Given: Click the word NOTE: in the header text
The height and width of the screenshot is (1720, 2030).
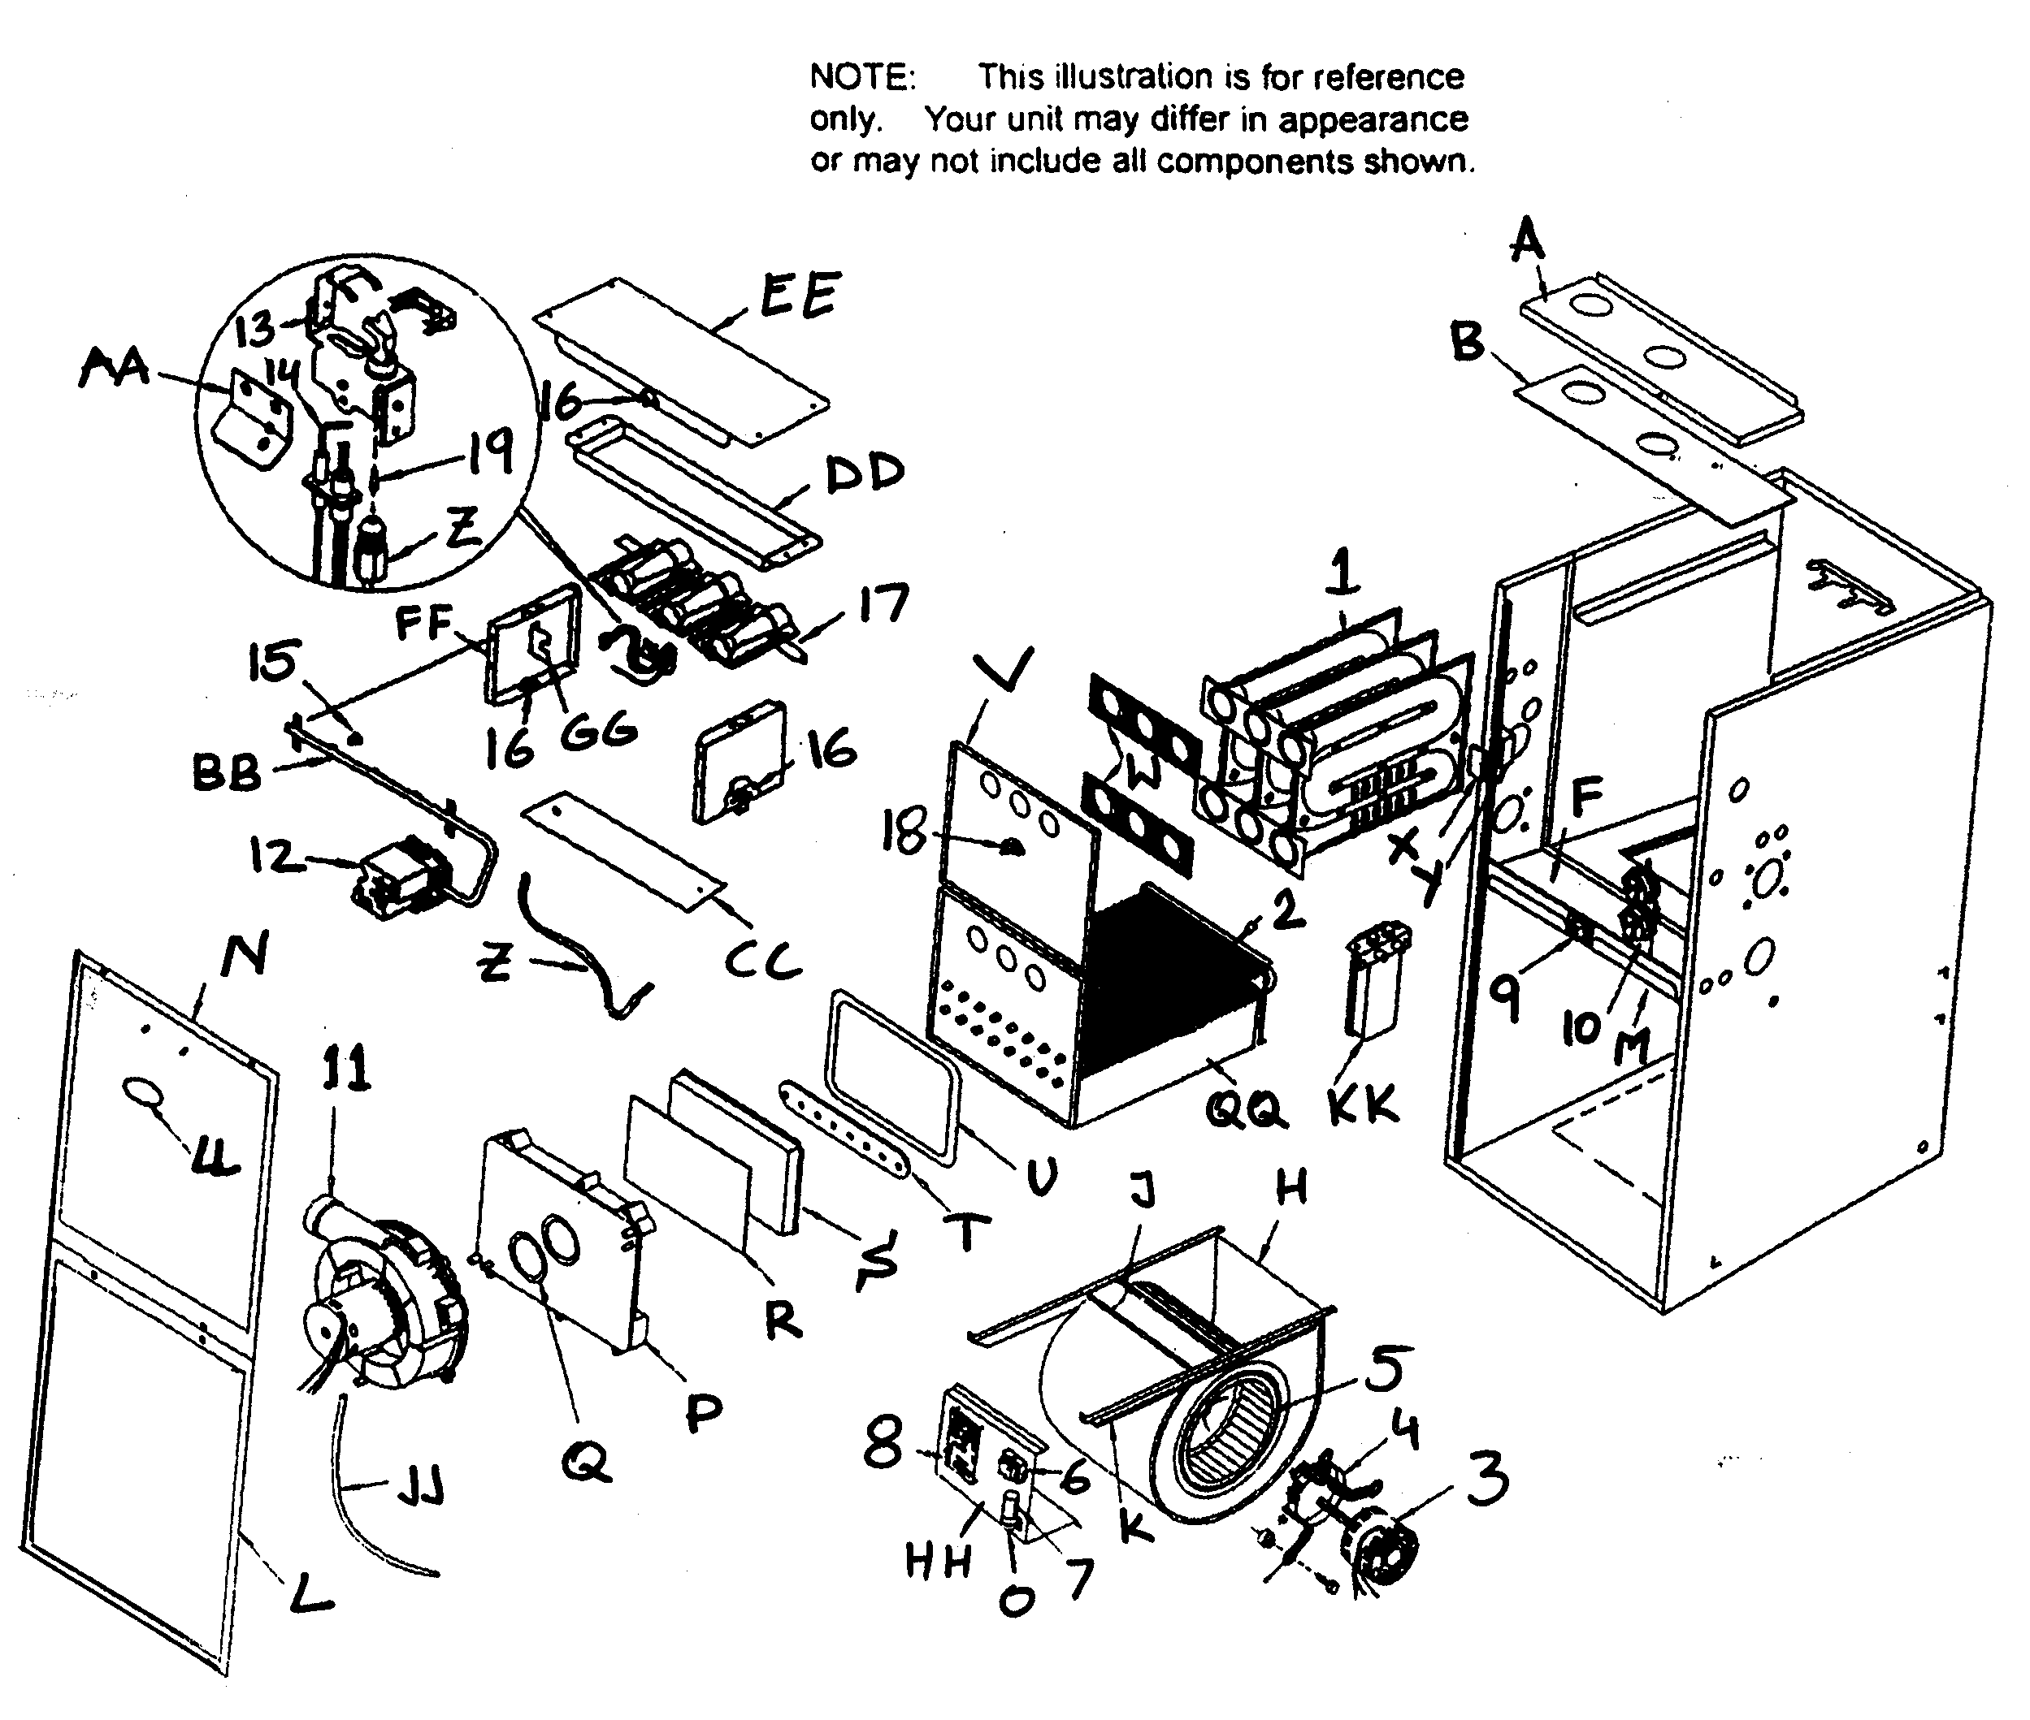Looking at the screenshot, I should click(x=861, y=77).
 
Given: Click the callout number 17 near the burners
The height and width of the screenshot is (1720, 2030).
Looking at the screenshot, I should click(x=883, y=604).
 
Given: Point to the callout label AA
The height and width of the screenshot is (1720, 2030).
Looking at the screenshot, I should click(x=114, y=369).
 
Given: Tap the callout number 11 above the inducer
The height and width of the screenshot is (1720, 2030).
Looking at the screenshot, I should click(x=346, y=1068).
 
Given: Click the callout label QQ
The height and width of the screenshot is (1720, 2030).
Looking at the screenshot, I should click(x=1246, y=1108).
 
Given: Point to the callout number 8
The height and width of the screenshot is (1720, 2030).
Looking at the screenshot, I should click(x=884, y=1443).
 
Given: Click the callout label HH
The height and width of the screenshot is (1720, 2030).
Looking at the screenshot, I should click(x=939, y=1562).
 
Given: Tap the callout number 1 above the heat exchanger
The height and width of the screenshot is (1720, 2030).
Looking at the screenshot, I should click(x=1343, y=573).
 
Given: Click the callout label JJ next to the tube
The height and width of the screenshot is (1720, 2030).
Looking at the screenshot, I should click(x=419, y=1489).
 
